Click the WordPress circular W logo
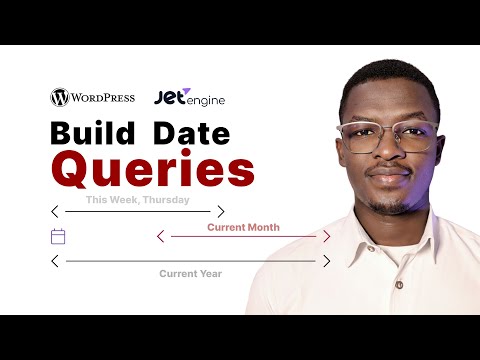pos(59,98)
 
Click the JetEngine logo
pos(189,98)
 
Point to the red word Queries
pos(153,169)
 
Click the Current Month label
pos(243,227)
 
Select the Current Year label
pos(190,273)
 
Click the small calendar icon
pos(58,237)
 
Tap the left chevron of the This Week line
pos(55,211)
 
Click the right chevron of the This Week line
pos(221,211)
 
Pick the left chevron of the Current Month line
pos(161,237)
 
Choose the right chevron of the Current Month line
pos(326,237)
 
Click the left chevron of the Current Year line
pos(55,261)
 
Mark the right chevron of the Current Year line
pos(326,261)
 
